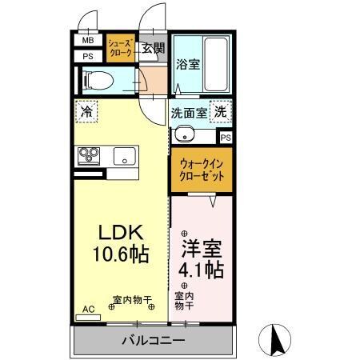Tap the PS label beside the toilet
point(88,57)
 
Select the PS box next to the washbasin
point(226,138)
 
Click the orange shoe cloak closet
point(122,49)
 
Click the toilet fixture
point(95,79)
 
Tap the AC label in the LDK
point(88,307)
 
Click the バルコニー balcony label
point(154,340)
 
